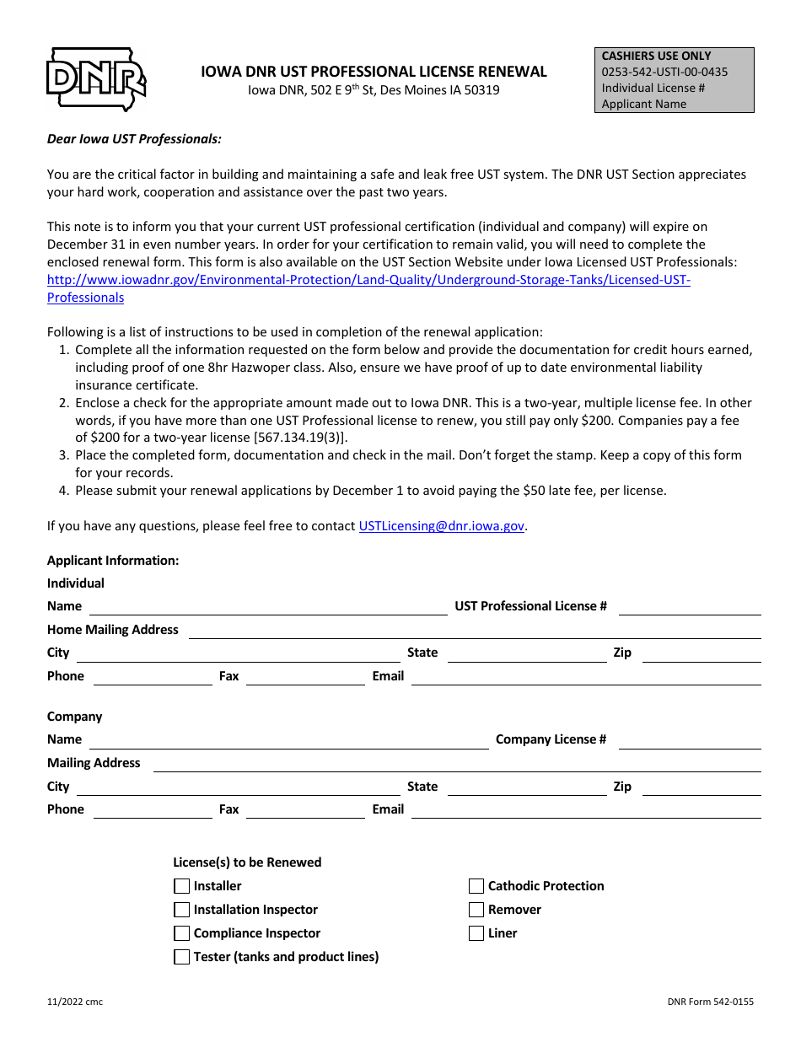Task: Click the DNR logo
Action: (95, 79)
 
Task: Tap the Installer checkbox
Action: (181, 886)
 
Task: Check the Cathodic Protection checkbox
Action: (476, 886)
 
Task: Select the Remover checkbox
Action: (476, 910)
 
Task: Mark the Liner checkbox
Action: (476, 933)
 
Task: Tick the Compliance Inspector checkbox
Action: (181, 933)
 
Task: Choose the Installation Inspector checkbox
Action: (181, 910)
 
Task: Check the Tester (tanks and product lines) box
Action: (181, 957)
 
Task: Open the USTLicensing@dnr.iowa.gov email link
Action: (442, 526)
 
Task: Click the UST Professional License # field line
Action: (689, 609)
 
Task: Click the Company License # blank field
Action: (689, 742)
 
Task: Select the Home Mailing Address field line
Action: (474, 632)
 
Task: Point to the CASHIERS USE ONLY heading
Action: (656, 56)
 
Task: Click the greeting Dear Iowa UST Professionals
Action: (134, 139)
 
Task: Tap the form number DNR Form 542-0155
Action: (710, 1002)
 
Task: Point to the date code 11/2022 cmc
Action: (75, 1002)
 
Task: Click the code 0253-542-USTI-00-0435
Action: (664, 72)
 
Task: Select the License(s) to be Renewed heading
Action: (247, 862)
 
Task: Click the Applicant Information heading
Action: (113, 561)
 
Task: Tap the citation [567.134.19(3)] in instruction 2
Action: (294, 438)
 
